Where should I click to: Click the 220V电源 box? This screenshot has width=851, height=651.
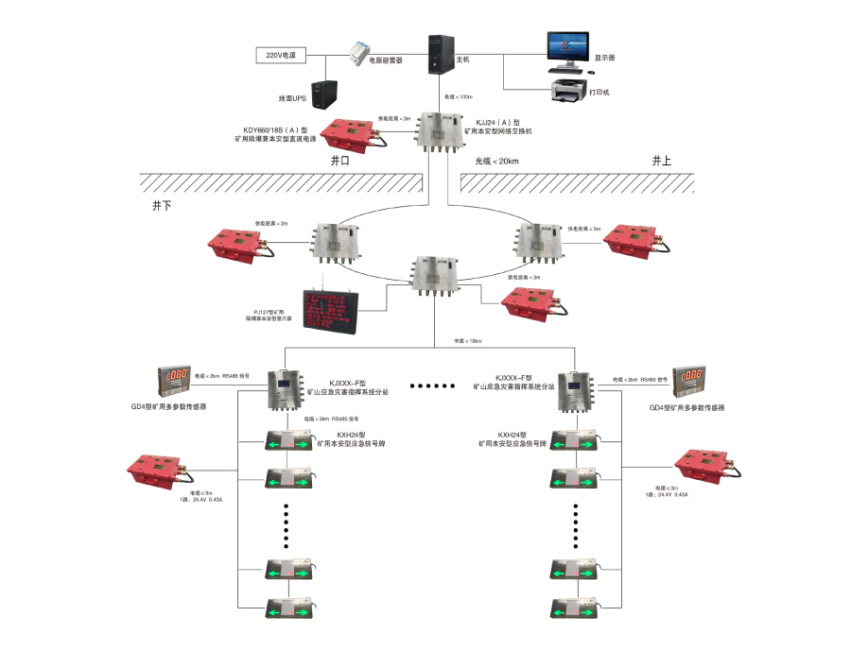pos(281,56)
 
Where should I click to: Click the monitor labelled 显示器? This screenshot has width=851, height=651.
pos(567,50)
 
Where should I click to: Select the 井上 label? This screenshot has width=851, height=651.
pos(661,162)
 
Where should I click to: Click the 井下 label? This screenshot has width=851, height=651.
pos(162,204)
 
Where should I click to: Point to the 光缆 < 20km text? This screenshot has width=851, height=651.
pos(496,162)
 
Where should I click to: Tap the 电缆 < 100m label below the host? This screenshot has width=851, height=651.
pos(458,97)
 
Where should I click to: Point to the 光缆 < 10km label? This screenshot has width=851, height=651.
pos(468,341)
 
